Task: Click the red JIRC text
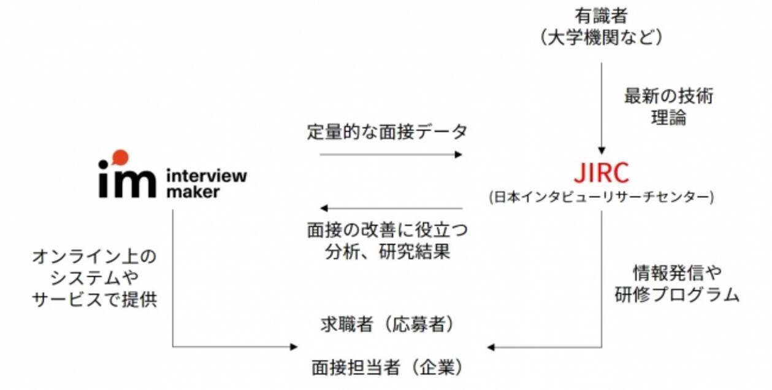click(x=601, y=173)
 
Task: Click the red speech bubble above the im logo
click(x=121, y=157)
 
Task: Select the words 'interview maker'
click(x=206, y=183)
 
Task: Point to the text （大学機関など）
click(x=601, y=37)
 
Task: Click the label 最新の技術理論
click(x=668, y=107)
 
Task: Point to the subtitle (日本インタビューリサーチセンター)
click(x=601, y=197)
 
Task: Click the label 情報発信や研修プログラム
click(x=676, y=283)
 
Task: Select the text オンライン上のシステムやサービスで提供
click(x=94, y=278)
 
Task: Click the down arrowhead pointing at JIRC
click(x=602, y=149)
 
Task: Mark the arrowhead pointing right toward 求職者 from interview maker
click(x=293, y=347)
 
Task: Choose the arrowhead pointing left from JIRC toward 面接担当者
click(x=492, y=348)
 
